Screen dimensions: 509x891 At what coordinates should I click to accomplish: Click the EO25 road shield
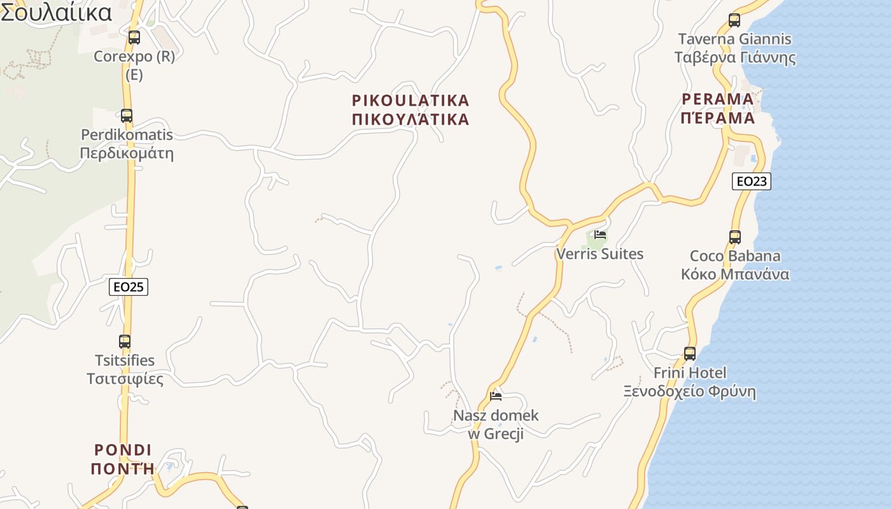pos(128,287)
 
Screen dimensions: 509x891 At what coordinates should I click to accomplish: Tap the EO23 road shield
pos(751,181)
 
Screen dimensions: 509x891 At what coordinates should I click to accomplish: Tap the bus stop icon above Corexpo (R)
pos(134,37)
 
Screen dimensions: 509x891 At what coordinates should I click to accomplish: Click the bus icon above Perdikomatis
pos(127,116)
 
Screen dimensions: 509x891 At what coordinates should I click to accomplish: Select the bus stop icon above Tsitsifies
pos(125,342)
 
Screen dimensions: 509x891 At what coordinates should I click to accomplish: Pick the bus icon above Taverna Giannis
pos(734,20)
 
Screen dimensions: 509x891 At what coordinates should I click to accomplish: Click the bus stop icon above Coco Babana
pos(735,237)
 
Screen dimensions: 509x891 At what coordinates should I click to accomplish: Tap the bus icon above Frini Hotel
pos(690,354)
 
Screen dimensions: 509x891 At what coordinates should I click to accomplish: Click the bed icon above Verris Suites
pos(600,234)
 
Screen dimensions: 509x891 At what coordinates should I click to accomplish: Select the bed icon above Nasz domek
pos(496,396)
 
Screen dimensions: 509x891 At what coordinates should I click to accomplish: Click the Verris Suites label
pos(600,254)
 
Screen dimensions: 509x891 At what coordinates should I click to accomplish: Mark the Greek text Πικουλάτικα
pos(410,120)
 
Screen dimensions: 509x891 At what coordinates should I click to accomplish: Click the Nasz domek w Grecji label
pos(496,425)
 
